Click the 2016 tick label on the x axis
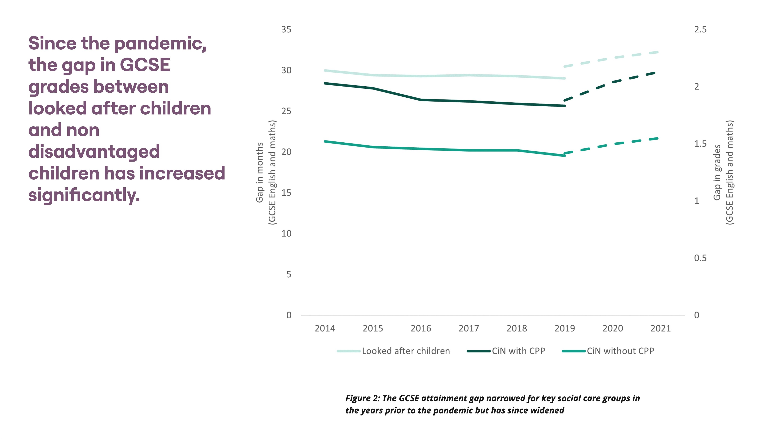pos(421,328)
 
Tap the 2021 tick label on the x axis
pos(660,328)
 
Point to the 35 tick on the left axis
pos(286,29)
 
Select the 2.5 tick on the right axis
pos(700,29)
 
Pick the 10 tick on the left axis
pos(286,234)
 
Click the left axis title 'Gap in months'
pos(260,172)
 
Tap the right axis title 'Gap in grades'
pos(717,172)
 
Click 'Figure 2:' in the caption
pos(362,398)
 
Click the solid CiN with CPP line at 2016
pos(421,100)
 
